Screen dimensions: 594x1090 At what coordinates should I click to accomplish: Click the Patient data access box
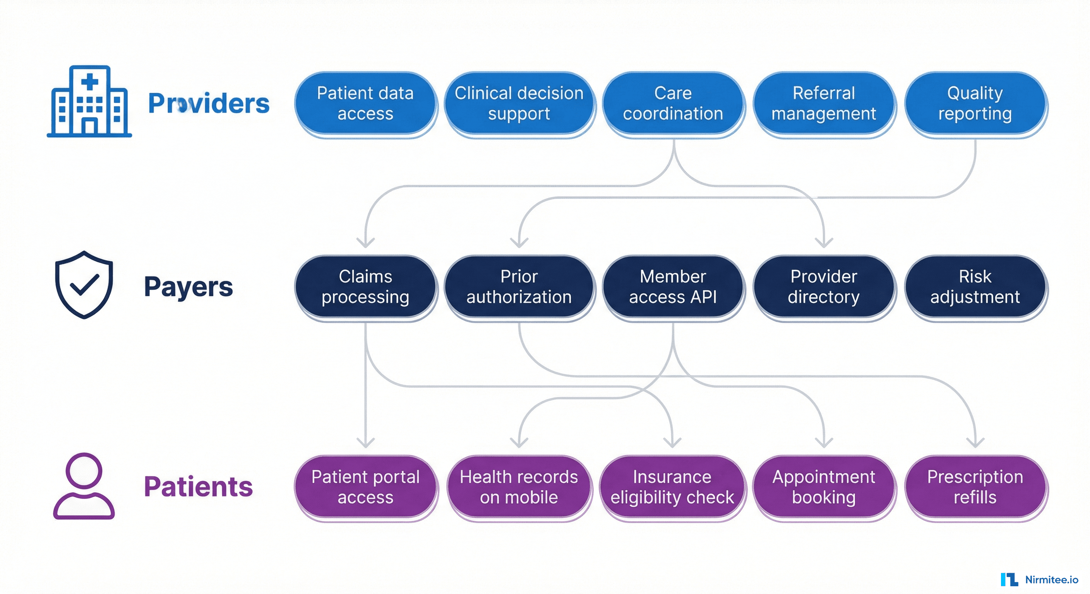tap(365, 104)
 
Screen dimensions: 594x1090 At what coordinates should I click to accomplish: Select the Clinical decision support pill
tap(519, 104)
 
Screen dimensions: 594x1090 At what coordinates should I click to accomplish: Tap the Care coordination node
tap(673, 104)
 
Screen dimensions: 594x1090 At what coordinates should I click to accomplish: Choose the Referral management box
tap(823, 104)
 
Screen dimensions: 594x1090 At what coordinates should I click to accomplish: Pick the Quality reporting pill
tap(975, 104)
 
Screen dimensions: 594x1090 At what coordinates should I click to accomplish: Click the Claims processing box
tap(365, 287)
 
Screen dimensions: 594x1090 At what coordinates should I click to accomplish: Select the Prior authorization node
tap(519, 287)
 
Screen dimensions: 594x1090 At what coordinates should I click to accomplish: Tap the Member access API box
tap(673, 287)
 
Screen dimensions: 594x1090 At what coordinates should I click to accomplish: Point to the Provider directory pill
tap(823, 287)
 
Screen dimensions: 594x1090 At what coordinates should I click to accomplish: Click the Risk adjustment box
tap(975, 287)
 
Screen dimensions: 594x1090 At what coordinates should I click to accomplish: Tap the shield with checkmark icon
tap(84, 285)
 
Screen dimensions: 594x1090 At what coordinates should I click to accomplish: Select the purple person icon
tap(84, 486)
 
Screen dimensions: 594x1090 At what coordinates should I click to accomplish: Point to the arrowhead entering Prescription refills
tap(975, 443)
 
